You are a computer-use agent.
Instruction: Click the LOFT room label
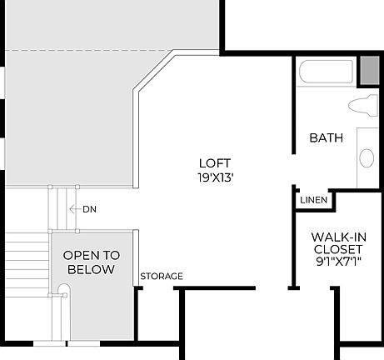(214, 163)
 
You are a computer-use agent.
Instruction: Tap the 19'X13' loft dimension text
(214, 177)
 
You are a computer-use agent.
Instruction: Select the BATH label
(326, 138)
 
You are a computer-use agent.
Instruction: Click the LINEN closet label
(312, 201)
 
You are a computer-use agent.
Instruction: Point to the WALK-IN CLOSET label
(337, 242)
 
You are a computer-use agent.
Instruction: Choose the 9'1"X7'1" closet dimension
(337, 262)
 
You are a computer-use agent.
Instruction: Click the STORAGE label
(162, 277)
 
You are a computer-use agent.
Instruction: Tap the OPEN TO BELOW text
(92, 262)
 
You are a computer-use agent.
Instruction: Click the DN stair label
(89, 209)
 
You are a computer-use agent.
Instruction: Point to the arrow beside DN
(74, 209)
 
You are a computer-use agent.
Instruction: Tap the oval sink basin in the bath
(367, 157)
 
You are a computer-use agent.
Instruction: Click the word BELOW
(92, 270)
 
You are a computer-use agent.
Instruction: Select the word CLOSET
(337, 249)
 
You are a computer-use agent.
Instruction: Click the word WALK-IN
(337, 236)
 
